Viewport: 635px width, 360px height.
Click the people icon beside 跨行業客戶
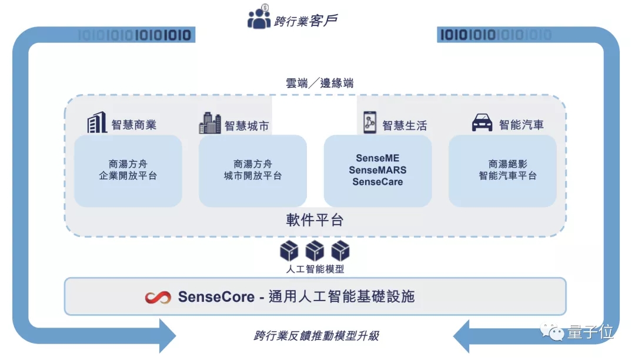point(259,18)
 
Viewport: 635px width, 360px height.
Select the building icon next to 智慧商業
point(97,123)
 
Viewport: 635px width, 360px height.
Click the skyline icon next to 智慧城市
point(210,123)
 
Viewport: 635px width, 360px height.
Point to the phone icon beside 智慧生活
point(369,123)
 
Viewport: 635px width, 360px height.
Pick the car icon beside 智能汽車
point(482,124)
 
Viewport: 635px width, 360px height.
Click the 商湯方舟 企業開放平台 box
point(128,170)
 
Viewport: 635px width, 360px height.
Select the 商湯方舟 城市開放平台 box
point(253,170)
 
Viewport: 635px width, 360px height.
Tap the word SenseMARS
point(377,170)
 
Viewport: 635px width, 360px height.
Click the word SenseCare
point(377,182)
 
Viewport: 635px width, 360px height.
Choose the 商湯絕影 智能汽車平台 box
point(502,170)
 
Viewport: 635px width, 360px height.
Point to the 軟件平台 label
point(315,221)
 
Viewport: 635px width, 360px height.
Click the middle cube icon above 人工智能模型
point(315,251)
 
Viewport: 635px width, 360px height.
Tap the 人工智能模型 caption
point(315,269)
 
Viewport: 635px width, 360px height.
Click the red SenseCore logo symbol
point(158,296)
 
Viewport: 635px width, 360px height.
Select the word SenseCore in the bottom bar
point(216,296)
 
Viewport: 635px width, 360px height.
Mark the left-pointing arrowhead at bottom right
point(464,336)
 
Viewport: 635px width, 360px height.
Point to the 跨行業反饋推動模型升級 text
point(316,336)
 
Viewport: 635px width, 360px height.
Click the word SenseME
point(377,158)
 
